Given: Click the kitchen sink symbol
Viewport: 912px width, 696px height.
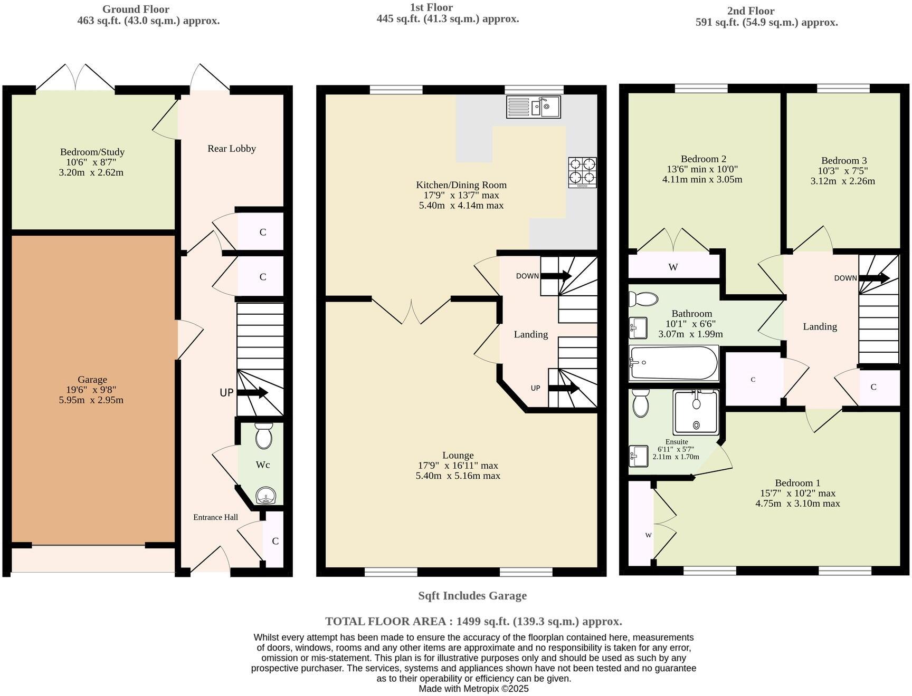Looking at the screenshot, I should coord(533,107).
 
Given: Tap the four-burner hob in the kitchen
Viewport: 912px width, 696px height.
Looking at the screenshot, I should coord(582,172).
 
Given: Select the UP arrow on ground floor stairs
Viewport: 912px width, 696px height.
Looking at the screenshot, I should coord(252,393).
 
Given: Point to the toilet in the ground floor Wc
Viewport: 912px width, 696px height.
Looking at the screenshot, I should coord(263,435).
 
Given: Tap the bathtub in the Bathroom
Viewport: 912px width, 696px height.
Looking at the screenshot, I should coord(673,363).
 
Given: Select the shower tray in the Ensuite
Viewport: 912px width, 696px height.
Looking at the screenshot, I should coord(696,412).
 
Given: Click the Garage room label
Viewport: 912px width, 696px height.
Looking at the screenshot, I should coord(92,380).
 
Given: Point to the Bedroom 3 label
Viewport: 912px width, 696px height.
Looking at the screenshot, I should coord(843,161).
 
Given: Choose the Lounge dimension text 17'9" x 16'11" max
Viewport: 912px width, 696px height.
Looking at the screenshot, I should coord(458,466).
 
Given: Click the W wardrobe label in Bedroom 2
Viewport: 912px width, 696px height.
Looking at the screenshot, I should coord(673,267).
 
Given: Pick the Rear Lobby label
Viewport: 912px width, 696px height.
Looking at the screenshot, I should coord(231,149).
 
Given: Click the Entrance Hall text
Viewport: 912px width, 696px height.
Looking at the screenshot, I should coord(215,517).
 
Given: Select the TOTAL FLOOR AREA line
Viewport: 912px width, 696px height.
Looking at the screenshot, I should coord(473,621).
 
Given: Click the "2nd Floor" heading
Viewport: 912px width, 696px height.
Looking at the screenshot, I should coord(750,11).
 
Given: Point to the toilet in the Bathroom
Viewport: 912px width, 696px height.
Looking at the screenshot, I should coord(643,299).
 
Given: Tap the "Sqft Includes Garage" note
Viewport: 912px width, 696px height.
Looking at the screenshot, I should coord(472,596).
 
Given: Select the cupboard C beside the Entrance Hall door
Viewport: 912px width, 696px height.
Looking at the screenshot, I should coord(275,541).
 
